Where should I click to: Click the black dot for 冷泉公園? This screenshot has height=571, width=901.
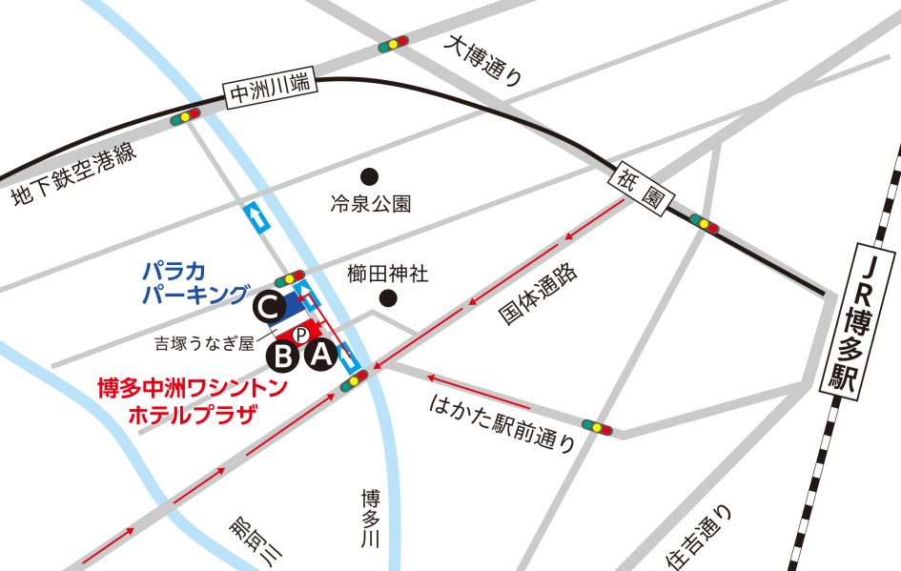click(369, 175)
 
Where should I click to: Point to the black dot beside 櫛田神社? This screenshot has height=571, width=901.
click(387, 299)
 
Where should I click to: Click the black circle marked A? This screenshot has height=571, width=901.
click(319, 356)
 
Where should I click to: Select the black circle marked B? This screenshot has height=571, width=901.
click(282, 357)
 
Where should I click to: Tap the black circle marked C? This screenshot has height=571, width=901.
click(268, 307)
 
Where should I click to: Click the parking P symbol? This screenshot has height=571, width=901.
click(299, 334)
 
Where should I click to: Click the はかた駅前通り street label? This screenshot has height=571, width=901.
click(502, 420)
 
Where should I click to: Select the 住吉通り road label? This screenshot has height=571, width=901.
click(700, 537)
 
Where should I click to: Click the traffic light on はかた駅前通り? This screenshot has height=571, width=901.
click(599, 428)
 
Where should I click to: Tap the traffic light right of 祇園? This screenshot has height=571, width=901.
click(704, 223)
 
